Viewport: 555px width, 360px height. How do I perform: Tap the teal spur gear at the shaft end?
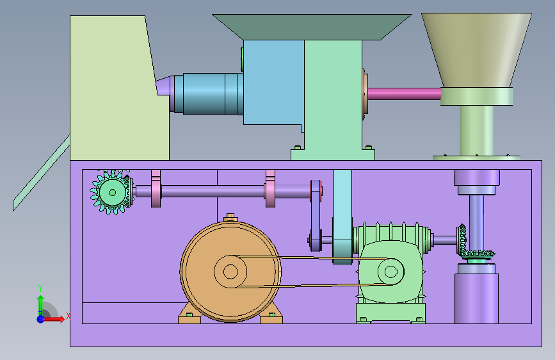pos(111,192)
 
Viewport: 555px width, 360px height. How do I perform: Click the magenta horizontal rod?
pos(404,94)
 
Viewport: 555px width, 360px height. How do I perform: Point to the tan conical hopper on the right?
pos(476,49)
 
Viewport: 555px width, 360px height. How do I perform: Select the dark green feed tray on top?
pos(312,27)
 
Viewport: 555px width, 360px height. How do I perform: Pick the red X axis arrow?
pos(54,319)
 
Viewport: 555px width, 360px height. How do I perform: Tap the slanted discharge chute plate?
pos(41,173)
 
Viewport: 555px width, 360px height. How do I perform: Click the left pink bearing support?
pos(156,188)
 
